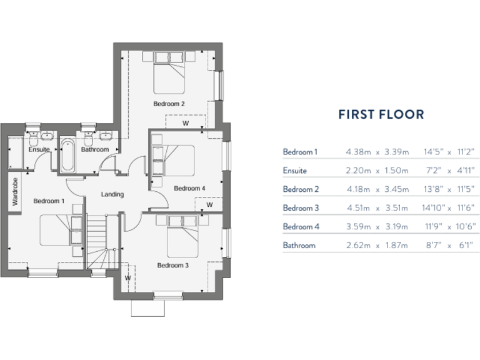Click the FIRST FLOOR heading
(x=381, y=114)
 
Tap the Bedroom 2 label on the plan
(x=169, y=104)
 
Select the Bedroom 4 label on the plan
(x=189, y=188)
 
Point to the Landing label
(x=112, y=194)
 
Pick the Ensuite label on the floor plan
(x=39, y=150)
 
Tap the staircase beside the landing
(x=97, y=237)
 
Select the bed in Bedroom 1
(x=59, y=230)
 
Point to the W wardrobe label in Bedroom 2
(x=185, y=123)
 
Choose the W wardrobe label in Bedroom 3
(x=127, y=277)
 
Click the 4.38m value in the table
(x=358, y=152)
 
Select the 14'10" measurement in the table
(x=432, y=208)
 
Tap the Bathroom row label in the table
(x=299, y=246)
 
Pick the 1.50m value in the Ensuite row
(x=396, y=171)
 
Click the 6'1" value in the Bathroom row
(x=466, y=246)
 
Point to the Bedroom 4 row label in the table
(x=301, y=227)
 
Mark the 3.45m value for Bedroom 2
(x=396, y=189)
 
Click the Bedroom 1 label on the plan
(x=48, y=201)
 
